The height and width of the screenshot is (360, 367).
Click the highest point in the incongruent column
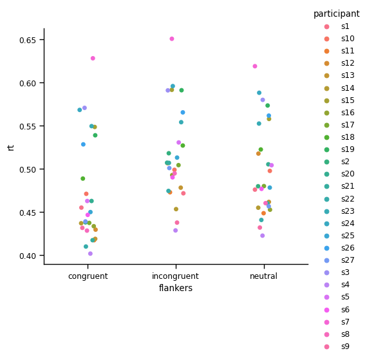172,39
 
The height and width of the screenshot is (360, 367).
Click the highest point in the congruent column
93,58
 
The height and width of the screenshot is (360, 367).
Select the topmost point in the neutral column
255,66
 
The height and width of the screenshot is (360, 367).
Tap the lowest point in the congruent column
90,254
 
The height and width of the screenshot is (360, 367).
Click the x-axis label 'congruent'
88,276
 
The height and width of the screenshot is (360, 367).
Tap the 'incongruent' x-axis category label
176,276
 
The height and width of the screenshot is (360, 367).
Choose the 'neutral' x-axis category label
263,276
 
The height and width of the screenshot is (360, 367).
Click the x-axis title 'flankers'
176,289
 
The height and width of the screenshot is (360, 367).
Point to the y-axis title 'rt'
11,147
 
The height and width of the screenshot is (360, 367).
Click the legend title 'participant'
336,14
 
